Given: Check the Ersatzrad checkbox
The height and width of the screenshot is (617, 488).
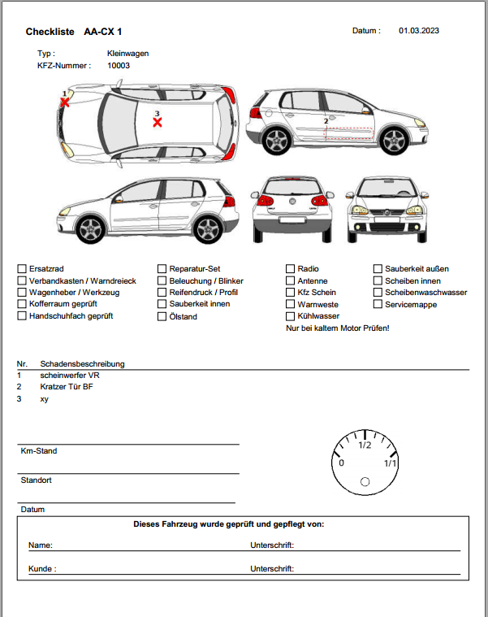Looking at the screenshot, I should click(21, 269).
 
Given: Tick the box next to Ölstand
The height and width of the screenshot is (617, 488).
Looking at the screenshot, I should click(162, 317).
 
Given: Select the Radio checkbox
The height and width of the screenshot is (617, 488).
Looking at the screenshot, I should click(290, 269).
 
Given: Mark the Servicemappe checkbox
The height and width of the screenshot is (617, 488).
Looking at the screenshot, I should click(378, 305).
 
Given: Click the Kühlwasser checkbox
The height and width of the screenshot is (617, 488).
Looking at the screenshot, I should click(290, 316).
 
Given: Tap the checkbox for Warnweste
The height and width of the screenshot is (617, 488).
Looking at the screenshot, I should click(290, 305).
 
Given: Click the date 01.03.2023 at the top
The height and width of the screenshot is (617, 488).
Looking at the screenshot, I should click(418, 31).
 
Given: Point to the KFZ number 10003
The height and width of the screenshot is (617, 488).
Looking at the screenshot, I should click(119, 65).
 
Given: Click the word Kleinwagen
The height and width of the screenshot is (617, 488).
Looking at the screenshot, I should click(127, 53).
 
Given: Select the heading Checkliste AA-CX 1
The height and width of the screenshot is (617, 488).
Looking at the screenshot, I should click(73, 32).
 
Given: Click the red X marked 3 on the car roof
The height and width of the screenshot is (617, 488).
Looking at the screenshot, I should click(158, 122).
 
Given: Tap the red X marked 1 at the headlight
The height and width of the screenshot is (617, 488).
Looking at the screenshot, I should click(64, 102).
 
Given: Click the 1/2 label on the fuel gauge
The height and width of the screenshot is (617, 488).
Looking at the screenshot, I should click(365, 444).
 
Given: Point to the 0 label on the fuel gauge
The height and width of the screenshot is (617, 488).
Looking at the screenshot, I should click(341, 463).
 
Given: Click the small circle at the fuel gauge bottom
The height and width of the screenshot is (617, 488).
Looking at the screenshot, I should click(365, 483).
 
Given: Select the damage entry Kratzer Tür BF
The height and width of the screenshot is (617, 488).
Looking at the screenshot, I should click(67, 387).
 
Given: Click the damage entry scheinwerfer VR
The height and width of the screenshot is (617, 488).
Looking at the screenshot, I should click(70, 376).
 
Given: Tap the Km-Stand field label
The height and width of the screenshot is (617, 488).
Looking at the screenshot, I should click(39, 450).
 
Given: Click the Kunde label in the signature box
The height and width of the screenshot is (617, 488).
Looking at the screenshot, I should click(42, 569).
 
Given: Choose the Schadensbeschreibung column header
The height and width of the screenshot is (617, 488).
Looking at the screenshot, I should click(82, 363).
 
